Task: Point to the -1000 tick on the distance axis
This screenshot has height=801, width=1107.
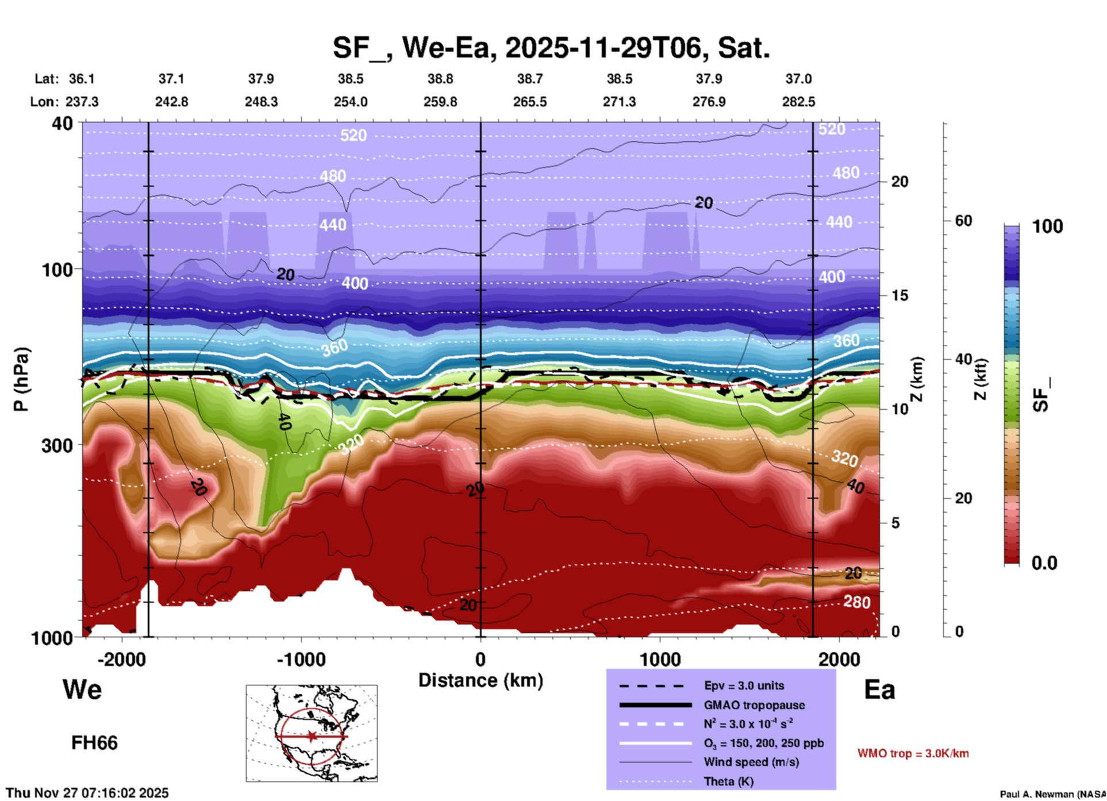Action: (301, 659)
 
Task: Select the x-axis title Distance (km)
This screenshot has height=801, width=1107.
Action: (481, 680)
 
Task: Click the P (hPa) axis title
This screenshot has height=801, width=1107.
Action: (21, 379)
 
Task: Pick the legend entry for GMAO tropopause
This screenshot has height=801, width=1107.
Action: (754, 705)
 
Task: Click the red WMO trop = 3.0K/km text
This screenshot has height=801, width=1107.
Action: (913, 753)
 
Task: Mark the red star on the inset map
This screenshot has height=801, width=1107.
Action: (312, 736)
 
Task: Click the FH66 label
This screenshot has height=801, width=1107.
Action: (94, 743)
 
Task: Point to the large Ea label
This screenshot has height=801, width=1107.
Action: (879, 690)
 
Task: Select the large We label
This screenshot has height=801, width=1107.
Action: (82, 689)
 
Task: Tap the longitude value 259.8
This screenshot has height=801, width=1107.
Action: (440, 102)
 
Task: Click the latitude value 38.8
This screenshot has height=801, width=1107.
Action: (440, 79)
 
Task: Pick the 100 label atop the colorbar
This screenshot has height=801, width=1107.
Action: (1047, 226)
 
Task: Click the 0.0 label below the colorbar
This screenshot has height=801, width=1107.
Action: (1044, 563)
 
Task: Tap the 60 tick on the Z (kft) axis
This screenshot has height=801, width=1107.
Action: (963, 221)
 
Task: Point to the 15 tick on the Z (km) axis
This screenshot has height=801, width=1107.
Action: (900, 295)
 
